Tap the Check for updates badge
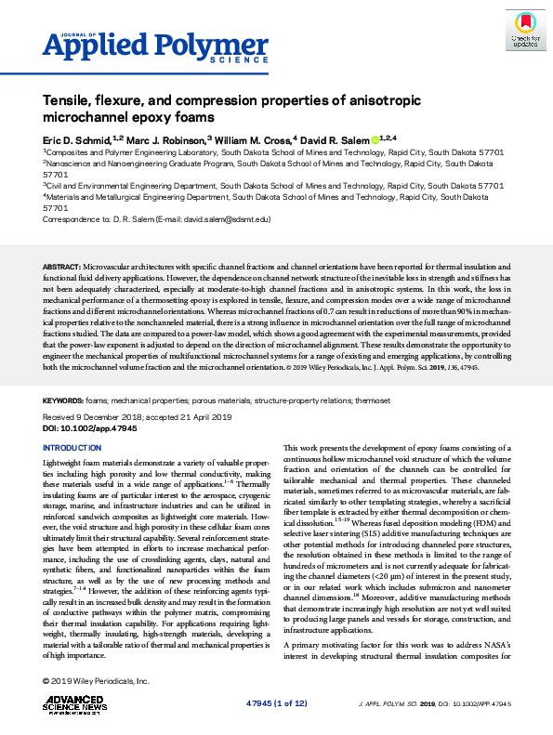pos(525,30)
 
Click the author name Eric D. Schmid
pos(79,138)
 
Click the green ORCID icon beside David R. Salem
pos(375,138)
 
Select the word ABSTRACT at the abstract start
pos(62,267)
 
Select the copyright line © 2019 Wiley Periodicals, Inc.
pos(96,682)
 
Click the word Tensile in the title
pos(68,98)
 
